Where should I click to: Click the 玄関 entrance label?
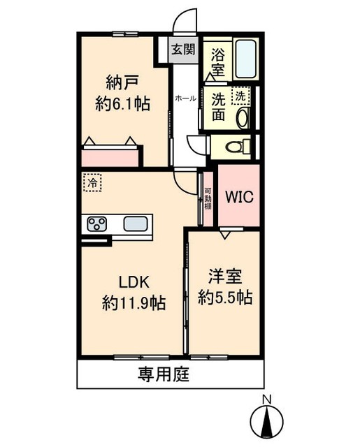185,50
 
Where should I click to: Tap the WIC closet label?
238,196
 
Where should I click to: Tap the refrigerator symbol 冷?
92,182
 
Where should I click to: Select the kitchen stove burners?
96,225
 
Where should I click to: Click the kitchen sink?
136,224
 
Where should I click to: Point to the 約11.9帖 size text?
134,303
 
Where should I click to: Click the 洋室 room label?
224,275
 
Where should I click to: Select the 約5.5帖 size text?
224,297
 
